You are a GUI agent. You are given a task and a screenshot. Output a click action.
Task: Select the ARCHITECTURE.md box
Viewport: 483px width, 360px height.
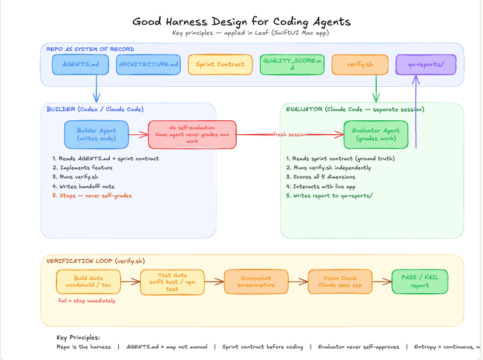148,64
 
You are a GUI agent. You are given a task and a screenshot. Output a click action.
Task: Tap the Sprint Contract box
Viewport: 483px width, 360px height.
220,64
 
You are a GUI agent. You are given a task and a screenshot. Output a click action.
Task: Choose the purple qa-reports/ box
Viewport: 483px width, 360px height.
425,64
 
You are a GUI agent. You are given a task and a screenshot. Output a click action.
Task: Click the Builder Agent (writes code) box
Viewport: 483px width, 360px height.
96,134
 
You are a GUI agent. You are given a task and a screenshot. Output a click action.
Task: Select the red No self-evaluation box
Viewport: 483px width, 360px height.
192,134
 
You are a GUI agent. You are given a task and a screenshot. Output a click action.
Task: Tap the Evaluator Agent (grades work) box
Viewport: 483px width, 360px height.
376,134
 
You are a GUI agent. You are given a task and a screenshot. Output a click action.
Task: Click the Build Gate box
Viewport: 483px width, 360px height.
89,281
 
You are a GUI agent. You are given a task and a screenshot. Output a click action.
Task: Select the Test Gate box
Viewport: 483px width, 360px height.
172,281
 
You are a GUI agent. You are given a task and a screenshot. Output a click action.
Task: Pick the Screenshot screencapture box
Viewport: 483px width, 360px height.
255,281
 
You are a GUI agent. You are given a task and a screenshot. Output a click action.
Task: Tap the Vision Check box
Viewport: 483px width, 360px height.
340,281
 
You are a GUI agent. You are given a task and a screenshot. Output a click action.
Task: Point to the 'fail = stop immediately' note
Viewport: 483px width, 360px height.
87,301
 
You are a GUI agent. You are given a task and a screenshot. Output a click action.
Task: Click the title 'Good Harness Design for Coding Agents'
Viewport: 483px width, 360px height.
241,22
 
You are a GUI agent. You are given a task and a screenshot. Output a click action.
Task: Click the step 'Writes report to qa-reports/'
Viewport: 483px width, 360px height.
329,195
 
